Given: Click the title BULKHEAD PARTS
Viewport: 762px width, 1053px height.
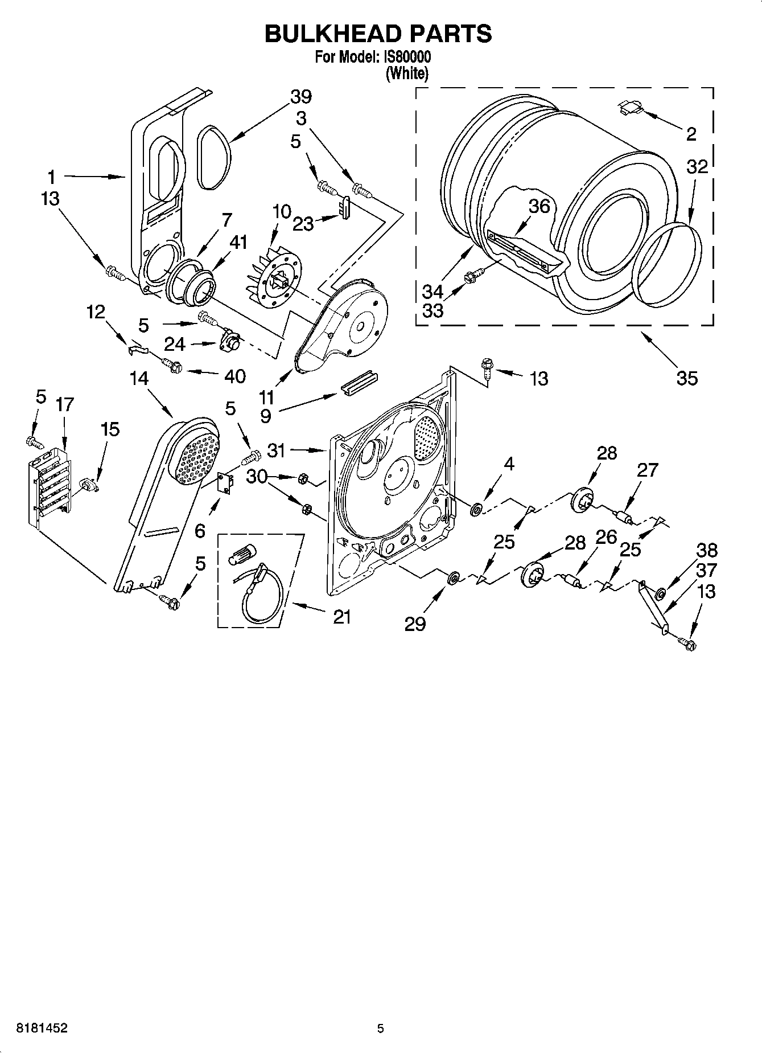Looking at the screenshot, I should (378, 34).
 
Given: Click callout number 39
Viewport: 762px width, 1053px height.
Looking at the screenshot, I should (301, 97).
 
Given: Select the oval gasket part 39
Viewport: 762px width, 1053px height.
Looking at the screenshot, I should (214, 157).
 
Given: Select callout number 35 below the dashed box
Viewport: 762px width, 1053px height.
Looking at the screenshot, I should (687, 378).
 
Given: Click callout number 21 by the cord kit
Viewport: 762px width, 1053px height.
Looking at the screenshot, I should (341, 617).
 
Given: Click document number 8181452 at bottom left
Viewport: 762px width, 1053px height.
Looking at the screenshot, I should (35, 1028).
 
